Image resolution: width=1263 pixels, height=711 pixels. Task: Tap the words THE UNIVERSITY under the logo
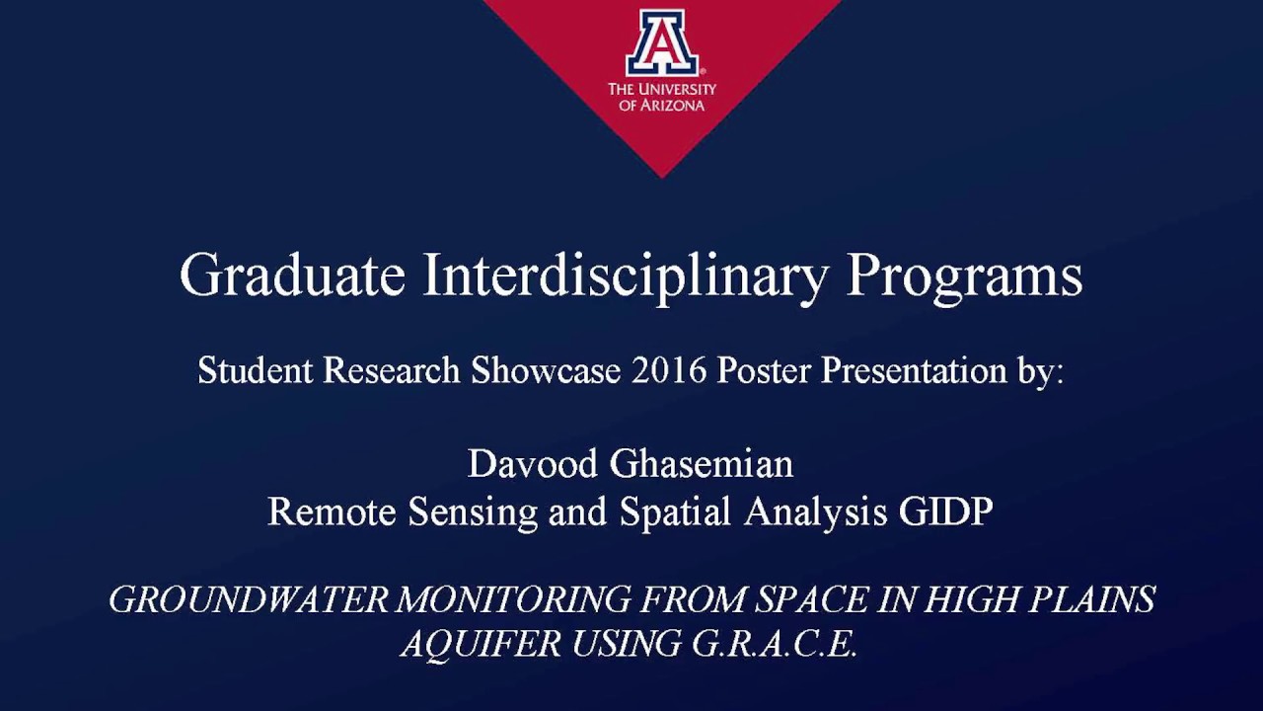click(661, 89)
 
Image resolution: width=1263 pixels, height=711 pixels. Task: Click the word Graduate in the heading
click(292, 275)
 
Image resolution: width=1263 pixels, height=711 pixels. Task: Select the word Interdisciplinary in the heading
click(626, 276)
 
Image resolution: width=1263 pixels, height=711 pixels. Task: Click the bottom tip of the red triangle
click(661, 176)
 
